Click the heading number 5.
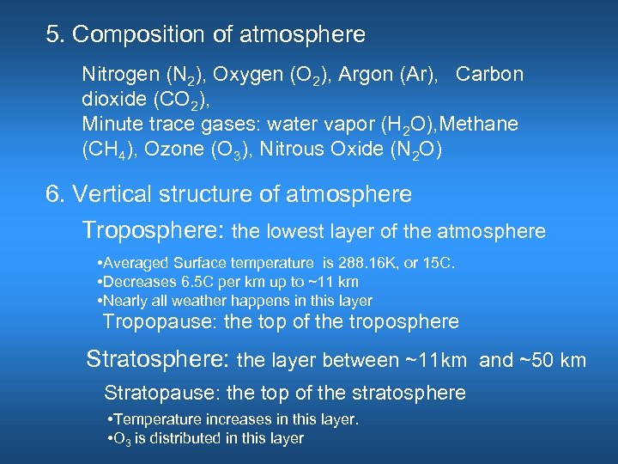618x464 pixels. tap(54, 35)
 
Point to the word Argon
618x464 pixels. tap(362, 74)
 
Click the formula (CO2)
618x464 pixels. tap(176, 99)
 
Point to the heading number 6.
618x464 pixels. tap(54, 194)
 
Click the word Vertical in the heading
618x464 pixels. tap(106, 194)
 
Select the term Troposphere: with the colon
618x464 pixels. tap(154, 231)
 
